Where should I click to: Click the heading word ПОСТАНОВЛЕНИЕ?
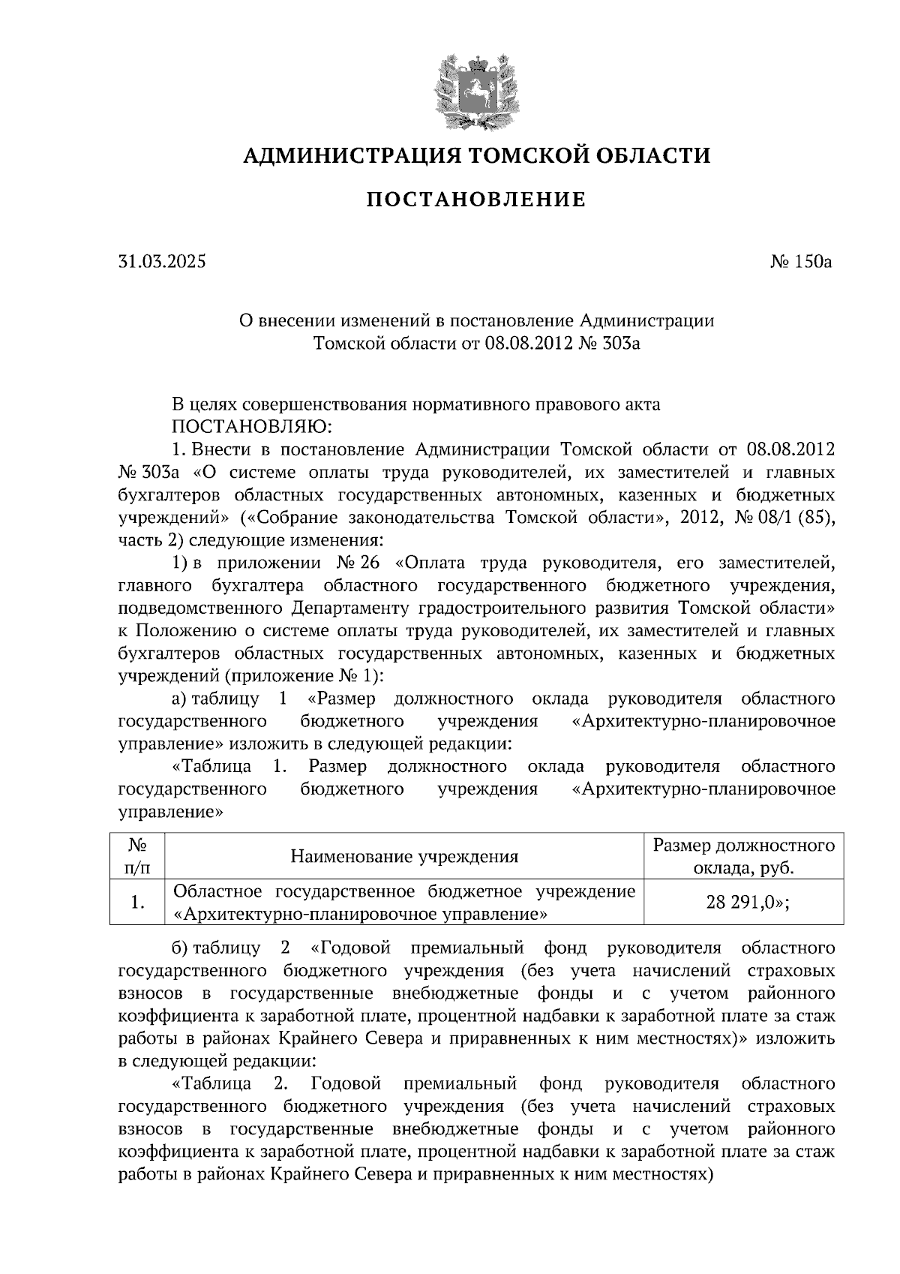[475, 200]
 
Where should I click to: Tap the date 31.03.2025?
[161, 262]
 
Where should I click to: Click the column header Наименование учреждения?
[404, 857]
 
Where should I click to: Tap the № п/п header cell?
[136, 857]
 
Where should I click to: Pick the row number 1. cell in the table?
[136, 903]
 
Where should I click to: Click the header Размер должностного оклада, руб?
[743, 857]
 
